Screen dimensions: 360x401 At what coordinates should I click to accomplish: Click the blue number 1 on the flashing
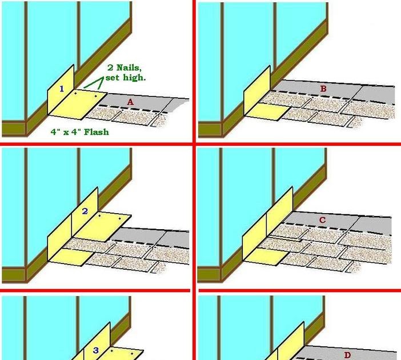pos(62,89)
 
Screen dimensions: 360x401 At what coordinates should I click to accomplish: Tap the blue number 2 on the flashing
pos(85,211)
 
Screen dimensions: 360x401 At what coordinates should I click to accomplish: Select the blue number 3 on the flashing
pos(96,350)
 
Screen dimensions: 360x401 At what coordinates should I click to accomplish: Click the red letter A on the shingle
pos(130,101)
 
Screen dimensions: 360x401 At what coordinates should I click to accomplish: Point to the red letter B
pos(323,89)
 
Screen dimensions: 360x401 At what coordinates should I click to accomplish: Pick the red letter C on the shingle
pos(322,220)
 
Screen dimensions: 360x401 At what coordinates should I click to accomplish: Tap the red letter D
pos(347,355)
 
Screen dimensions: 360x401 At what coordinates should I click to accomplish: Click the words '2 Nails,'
pos(125,66)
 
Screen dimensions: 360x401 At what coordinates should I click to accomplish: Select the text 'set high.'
pos(125,77)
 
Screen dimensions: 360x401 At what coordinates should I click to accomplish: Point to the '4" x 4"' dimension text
pos(67,132)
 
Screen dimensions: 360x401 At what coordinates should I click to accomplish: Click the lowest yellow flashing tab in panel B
pos(264,111)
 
